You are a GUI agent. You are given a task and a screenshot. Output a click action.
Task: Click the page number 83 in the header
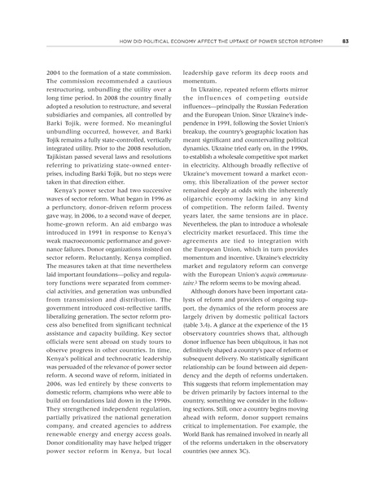pyautogui.click(x=346, y=41)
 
